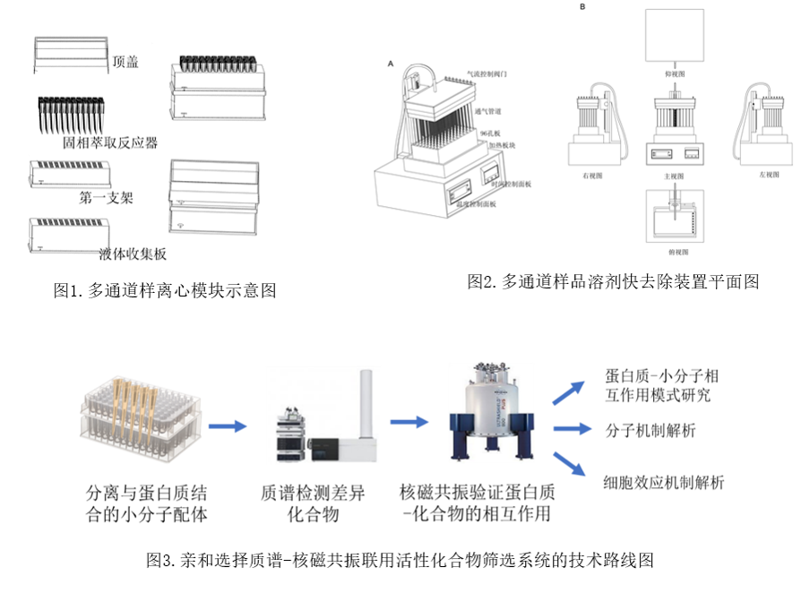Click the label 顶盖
125,63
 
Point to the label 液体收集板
133,254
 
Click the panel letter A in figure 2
391,64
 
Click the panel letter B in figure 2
583,7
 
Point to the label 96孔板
490,133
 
